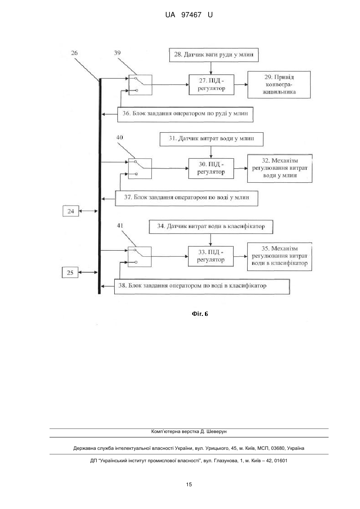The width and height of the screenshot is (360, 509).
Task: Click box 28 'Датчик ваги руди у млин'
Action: coord(214,55)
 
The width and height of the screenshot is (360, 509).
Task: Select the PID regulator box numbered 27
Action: coord(211,85)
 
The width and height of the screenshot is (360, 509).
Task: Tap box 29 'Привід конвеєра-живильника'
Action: coord(279,84)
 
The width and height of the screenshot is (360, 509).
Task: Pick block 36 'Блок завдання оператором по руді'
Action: coord(185,114)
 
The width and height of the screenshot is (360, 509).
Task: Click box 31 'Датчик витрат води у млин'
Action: coord(211,139)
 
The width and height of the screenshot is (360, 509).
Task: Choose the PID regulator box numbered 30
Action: coord(211,168)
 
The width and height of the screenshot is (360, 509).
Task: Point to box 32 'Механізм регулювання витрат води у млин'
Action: coord(280,168)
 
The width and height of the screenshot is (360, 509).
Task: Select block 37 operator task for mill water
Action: coord(187,198)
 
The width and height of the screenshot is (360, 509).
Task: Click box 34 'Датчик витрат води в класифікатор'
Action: coord(211,227)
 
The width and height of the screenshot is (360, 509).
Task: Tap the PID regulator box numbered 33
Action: coord(211,256)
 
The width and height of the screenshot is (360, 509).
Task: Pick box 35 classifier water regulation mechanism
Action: coord(279,257)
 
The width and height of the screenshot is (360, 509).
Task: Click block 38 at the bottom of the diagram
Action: coord(202,287)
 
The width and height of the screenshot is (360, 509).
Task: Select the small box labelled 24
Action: coord(71,211)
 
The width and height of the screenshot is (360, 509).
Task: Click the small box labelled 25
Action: coord(70,272)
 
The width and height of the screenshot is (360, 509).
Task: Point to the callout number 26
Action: coord(74,53)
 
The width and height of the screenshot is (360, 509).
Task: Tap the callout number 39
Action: coord(117,53)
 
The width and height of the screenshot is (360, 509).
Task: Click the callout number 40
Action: coord(119,138)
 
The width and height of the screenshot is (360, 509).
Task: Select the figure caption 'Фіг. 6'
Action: coord(200,314)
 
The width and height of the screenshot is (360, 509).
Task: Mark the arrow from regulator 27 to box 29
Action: coord(241,84)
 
